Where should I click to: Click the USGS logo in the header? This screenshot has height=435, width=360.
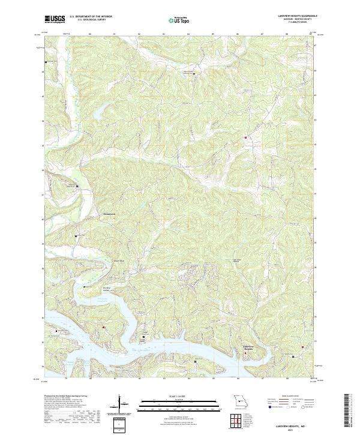click(x=55, y=19)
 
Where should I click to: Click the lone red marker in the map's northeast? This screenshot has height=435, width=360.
click(x=245, y=139)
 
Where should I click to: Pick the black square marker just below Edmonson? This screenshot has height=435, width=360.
click(x=76, y=236)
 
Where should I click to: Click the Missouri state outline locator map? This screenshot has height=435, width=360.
click(x=239, y=400)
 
